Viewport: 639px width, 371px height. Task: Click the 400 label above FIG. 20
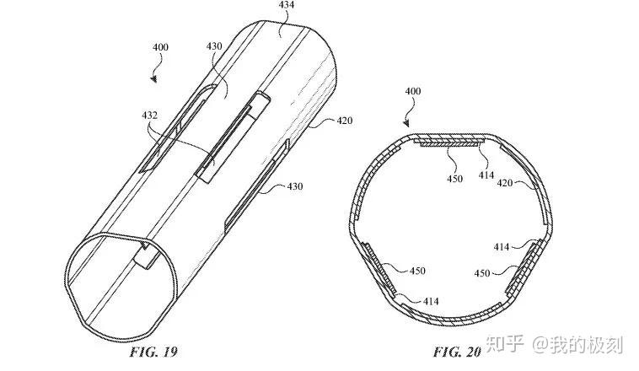tap(414, 91)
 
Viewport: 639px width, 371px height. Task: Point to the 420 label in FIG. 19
tap(343, 120)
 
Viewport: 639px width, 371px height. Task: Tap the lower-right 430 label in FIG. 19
tap(293, 186)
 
